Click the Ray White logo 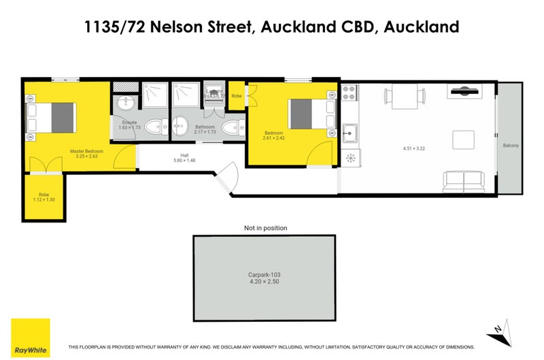coord(30,336)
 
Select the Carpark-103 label coord(264,275)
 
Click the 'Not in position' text coord(265,228)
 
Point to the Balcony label coord(511,146)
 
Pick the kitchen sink coord(350,132)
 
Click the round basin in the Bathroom coord(180,126)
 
